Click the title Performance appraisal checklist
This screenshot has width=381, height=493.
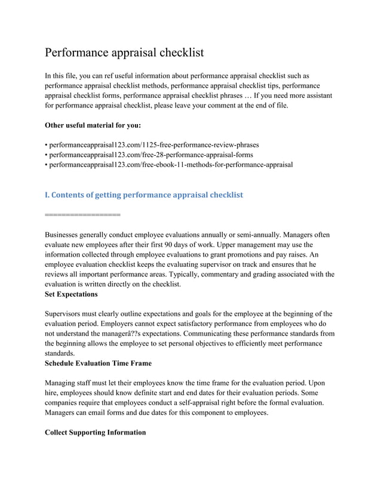point(124,53)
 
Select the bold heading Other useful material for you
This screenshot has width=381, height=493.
point(93,126)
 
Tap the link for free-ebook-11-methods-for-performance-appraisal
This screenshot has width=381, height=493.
point(170,164)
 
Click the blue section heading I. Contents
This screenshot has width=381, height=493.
point(144,195)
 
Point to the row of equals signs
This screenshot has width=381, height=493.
point(82,213)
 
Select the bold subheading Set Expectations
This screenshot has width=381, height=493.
point(71,294)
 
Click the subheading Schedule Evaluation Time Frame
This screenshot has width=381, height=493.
point(98,363)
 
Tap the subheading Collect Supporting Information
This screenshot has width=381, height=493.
point(95,432)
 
